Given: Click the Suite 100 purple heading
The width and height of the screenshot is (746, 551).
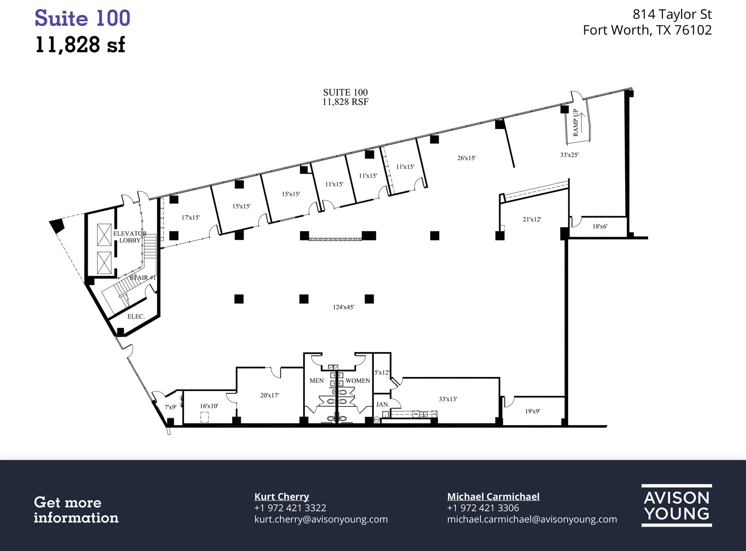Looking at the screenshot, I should [x=82, y=18].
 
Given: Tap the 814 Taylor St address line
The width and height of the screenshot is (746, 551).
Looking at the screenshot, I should [x=672, y=14].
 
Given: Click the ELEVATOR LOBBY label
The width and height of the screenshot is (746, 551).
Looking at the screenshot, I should [x=130, y=237].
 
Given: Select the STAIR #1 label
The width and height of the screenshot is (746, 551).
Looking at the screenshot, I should [x=143, y=278].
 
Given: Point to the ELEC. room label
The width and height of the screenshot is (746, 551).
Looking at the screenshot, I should [x=136, y=316].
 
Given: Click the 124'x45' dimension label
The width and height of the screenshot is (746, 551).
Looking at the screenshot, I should [x=343, y=307].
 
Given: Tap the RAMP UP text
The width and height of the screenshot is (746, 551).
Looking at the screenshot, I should [x=576, y=123].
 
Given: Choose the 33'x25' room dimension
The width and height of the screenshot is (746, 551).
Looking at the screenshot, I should [x=569, y=154].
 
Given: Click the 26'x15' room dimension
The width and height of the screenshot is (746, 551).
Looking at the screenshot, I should [x=466, y=158].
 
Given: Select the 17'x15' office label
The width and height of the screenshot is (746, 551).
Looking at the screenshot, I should [x=191, y=217].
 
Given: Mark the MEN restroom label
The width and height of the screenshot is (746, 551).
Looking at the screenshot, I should [x=316, y=381].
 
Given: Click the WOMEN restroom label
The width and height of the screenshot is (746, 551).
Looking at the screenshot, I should [x=357, y=381].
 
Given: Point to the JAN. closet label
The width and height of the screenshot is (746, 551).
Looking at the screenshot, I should [x=382, y=404].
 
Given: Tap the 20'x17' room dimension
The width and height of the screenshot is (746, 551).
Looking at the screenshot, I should [x=269, y=395].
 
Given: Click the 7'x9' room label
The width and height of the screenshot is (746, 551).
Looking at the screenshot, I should [x=170, y=407].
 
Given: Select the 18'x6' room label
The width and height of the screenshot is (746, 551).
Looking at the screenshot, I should [x=600, y=226].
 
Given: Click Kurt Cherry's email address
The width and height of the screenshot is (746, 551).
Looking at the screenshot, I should [x=321, y=519].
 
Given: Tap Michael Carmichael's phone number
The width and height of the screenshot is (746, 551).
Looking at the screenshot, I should [x=483, y=508].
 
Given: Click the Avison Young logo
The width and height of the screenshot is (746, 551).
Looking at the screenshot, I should [x=676, y=505].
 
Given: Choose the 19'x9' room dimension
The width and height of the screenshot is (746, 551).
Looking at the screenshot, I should [x=532, y=411].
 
